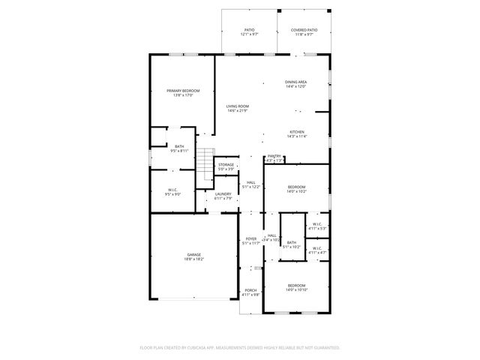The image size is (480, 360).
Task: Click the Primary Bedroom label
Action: pos(183,93)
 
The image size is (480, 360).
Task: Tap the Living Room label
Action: pos(238,109)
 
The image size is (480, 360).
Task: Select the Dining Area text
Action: pos(295,84)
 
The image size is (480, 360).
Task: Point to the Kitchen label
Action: pos(297,133)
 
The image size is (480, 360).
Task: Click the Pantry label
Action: pos(274,158)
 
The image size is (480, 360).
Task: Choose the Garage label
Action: pos(193,256)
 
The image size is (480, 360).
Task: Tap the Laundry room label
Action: pos(223,196)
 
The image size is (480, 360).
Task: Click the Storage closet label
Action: pos(226,166)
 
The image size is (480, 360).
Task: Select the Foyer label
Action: pos(250,241)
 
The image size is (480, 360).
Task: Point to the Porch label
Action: pos(250,292)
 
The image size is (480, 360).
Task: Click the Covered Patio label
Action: pos(304,32)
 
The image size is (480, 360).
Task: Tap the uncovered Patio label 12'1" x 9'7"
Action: pos(249,32)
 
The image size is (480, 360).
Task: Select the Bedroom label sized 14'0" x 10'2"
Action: pos(296,189)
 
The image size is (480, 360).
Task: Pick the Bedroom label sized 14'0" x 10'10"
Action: pos(296,287)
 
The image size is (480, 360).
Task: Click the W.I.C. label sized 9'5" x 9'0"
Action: pos(172,192)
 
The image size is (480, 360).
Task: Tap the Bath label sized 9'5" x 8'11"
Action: pos(179,148)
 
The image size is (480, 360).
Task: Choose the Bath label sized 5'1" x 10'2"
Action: pos(292,244)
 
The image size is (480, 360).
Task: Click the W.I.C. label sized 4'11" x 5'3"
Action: pos(316,226)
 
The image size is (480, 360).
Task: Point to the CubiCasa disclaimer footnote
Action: pos(240,347)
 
